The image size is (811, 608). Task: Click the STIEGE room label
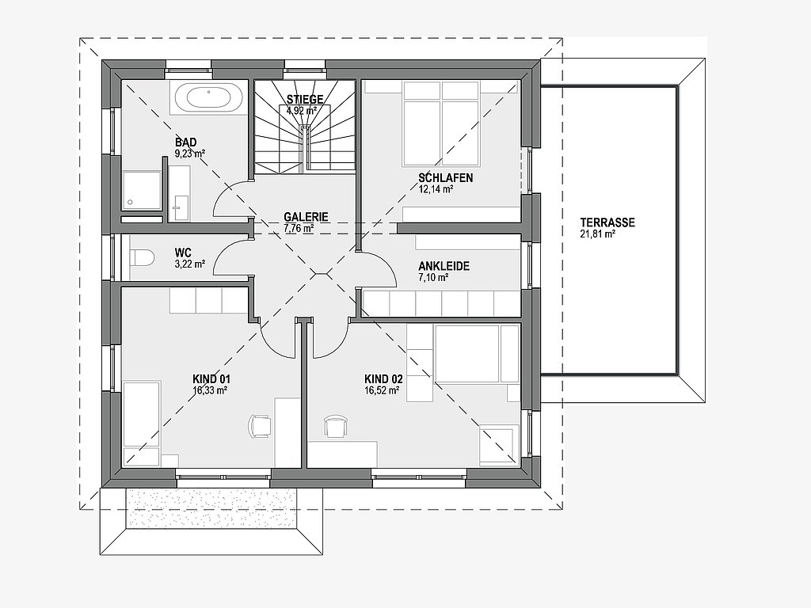(x=305, y=99)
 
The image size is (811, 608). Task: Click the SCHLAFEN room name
(x=446, y=178)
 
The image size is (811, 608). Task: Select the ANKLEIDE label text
(x=444, y=267)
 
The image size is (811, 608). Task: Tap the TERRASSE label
(x=607, y=222)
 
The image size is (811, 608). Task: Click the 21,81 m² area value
(x=598, y=234)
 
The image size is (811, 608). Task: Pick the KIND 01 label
(x=211, y=378)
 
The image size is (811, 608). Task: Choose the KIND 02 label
(x=383, y=378)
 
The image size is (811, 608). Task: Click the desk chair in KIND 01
(x=259, y=424)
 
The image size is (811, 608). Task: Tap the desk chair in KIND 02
(x=336, y=426)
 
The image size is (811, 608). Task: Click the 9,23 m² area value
(x=191, y=154)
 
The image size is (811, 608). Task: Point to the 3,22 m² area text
(x=190, y=264)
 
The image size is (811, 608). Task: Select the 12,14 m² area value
(x=436, y=189)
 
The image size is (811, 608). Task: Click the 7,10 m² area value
(x=433, y=278)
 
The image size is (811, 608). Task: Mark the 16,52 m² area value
(x=381, y=389)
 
